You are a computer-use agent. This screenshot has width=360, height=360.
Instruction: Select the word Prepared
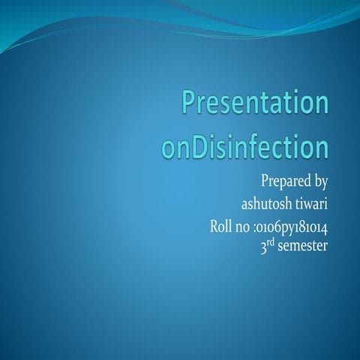point(283,181)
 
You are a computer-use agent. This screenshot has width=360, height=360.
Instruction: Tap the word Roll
point(224,226)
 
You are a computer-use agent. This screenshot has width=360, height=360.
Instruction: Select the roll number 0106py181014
point(295,226)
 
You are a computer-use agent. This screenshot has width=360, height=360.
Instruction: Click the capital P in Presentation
point(190,104)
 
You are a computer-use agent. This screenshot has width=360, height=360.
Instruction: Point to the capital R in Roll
point(217,226)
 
